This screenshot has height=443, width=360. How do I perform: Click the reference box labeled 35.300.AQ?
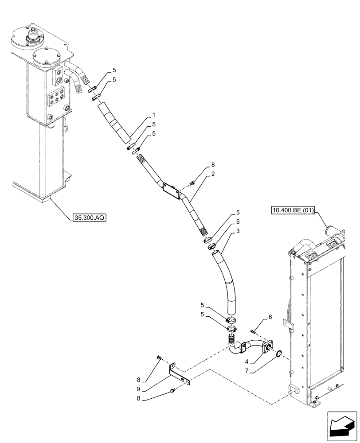click(88, 218)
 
